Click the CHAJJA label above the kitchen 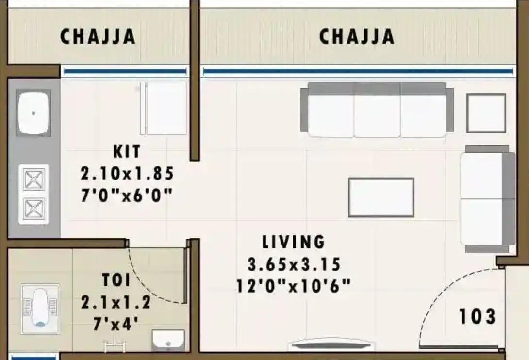tap(97, 36)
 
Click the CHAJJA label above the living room tap(356, 36)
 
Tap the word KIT tap(127, 151)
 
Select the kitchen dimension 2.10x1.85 tap(127, 173)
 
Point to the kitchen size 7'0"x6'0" tap(127, 196)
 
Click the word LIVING tap(293, 241)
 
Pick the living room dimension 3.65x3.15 tap(294, 265)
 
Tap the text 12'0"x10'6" tap(293, 286)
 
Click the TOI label tap(116, 280)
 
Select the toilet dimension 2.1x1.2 tap(116, 303)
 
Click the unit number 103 tap(477, 316)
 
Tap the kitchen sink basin tap(33, 113)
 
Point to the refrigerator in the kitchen tap(165, 108)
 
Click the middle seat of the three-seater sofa tap(377, 115)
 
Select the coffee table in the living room tap(381, 197)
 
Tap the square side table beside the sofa tap(486, 113)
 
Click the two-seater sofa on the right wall tap(487, 198)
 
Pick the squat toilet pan tap(40, 307)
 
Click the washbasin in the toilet tap(168, 340)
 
